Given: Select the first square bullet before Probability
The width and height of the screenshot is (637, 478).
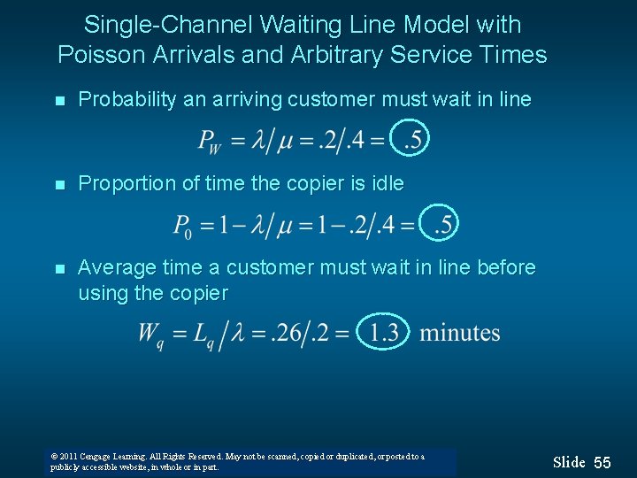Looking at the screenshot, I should [x=58, y=101].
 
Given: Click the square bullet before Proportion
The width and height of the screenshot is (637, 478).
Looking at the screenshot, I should [x=58, y=185].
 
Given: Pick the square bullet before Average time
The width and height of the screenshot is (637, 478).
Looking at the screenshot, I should [x=58, y=268].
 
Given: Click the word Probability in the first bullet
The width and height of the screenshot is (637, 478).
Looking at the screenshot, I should [x=127, y=99].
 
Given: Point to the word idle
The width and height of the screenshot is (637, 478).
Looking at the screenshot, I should [x=385, y=183].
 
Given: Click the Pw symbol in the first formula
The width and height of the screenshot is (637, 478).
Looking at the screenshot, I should [x=210, y=141].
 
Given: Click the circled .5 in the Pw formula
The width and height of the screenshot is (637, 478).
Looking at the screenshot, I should [x=411, y=138].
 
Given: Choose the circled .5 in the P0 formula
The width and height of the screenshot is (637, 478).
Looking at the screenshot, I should [x=441, y=224].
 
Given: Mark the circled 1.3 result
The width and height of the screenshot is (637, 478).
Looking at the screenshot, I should [x=384, y=333].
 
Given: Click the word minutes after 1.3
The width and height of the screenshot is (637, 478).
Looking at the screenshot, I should [x=459, y=334].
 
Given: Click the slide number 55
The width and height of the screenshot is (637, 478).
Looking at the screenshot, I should [x=602, y=463].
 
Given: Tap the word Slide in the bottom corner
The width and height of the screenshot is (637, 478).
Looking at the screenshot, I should [x=569, y=462].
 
